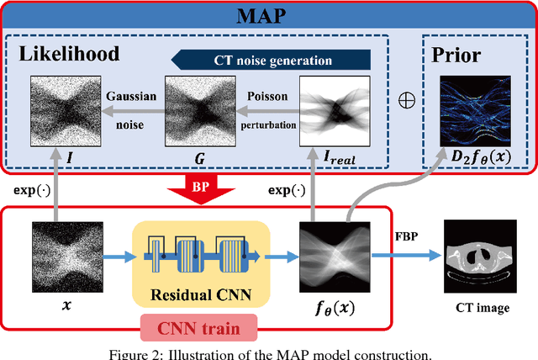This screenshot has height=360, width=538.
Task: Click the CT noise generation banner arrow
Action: click(270, 61)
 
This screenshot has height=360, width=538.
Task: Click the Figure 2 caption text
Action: click(269, 353)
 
